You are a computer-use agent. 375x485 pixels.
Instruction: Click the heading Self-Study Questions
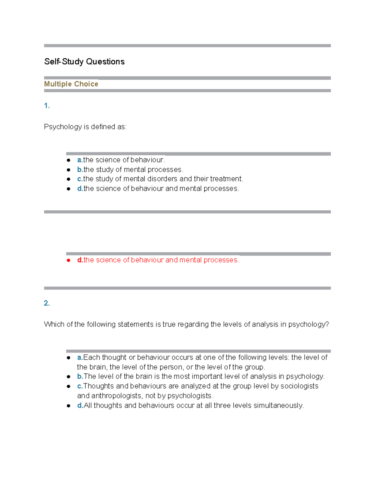[x=84, y=62]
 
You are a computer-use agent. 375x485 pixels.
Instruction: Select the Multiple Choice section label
[x=71, y=84]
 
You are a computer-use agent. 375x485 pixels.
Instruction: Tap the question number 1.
[x=47, y=106]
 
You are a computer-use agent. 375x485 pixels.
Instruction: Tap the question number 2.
[x=47, y=303]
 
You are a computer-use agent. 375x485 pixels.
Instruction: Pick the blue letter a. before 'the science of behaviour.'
[x=80, y=160]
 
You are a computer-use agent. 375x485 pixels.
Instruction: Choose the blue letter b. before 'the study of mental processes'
[x=80, y=170]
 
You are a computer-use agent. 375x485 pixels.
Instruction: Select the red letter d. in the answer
[x=80, y=260]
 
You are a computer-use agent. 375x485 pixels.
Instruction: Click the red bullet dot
[x=68, y=260]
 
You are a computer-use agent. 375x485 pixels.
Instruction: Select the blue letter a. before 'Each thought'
[x=80, y=358]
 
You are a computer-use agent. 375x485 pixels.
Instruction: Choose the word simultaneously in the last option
[x=278, y=406]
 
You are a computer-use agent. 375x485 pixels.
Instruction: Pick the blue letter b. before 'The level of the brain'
[x=80, y=377]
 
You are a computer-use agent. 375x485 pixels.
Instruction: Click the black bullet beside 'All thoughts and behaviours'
[x=68, y=406]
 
